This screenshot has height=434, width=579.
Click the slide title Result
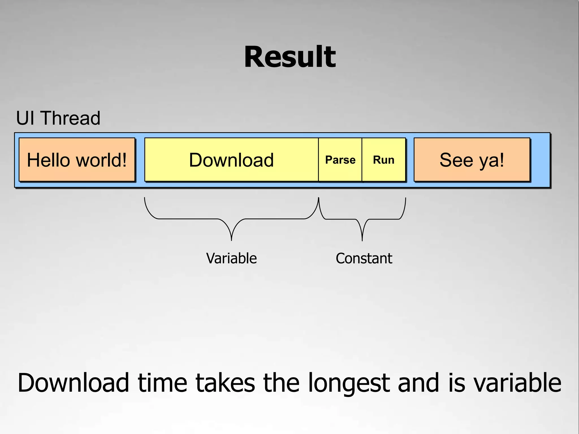tap(290, 57)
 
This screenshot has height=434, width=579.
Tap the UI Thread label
tap(58, 118)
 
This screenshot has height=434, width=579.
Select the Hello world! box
tap(77, 160)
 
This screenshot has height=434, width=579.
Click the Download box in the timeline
tap(231, 160)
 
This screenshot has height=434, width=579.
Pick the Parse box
tap(340, 160)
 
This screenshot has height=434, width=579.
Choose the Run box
tap(384, 160)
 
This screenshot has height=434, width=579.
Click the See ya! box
tap(472, 160)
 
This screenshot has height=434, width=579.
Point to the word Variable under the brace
tap(231, 258)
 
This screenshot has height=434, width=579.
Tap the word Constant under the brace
tap(364, 258)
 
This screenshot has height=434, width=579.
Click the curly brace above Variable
tap(231, 219)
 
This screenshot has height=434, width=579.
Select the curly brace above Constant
tap(362, 219)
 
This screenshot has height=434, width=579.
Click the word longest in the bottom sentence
tap(349, 383)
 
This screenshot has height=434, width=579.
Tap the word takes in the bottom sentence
tap(225, 383)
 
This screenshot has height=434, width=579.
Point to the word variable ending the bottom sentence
tap(517, 383)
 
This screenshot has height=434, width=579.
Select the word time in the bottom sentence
tap(162, 383)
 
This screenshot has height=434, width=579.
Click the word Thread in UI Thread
tap(71, 118)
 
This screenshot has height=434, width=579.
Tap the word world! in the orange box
tap(101, 160)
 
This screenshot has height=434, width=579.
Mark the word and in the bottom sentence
tap(418, 383)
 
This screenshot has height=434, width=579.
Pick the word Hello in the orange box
tap(48, 160)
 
